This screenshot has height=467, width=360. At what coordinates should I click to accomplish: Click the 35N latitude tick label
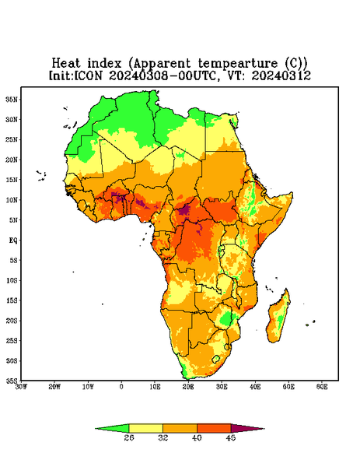tap(12, 100)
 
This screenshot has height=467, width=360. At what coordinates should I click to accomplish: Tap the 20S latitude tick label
tap(12, 321)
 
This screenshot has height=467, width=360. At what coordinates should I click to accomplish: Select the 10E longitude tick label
tap(155, 387)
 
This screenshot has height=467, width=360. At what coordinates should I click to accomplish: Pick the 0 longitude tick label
tap(121, 387)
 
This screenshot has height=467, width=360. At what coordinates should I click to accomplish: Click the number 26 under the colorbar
tap(129, 437)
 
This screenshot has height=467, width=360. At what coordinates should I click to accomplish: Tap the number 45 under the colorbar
tap(231, 437)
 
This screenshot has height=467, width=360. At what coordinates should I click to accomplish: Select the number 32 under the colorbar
tap(163, 437)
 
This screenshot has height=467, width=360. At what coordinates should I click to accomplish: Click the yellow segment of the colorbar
tap(145, 428)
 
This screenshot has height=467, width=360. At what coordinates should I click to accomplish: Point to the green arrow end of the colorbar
tap(112, 428)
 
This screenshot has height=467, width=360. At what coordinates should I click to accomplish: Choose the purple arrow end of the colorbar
tap(247, 428)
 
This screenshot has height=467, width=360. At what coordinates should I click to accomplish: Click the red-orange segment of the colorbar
tap(214, 428)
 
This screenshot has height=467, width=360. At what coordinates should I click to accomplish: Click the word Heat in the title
tap(66, 63)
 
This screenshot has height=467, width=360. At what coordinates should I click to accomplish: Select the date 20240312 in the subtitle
tap(281, 75)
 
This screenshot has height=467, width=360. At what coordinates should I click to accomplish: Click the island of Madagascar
tap(279, 318)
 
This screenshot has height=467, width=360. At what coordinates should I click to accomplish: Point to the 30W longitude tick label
tap(21, 387)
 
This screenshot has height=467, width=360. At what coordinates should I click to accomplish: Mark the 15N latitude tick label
tap(12, 180)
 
